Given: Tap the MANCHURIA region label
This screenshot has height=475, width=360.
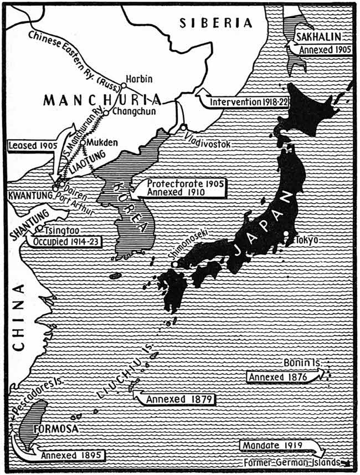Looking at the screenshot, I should click(x=102, y=100).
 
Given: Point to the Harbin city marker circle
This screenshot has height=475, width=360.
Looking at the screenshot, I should click(x=124, y=86).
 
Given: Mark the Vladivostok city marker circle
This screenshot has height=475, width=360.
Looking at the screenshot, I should click(x=183, y=127).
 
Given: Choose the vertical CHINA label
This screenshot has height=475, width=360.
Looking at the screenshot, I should click(x=20, y=316).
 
